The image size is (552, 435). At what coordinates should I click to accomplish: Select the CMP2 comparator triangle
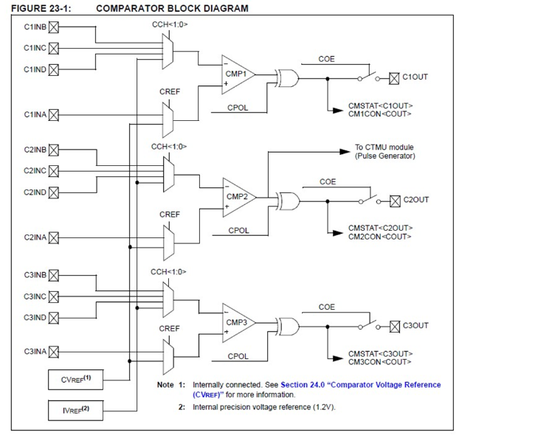238,197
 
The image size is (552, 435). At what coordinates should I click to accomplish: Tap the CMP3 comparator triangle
238,323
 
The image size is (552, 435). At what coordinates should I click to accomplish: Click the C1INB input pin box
53,27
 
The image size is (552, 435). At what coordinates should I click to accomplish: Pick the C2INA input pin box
53,237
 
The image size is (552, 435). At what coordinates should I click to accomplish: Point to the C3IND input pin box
53,318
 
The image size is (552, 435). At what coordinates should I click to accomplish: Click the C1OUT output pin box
394,77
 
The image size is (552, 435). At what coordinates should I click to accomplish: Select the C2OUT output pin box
396,200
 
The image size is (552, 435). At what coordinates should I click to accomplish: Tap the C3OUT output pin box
396,325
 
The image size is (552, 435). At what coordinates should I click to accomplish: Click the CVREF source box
75,380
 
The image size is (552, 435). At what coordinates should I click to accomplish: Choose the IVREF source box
75,408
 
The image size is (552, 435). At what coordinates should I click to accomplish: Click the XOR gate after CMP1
286,77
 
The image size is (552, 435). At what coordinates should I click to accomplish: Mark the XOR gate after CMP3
286,326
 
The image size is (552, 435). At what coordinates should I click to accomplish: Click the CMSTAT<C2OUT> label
380,228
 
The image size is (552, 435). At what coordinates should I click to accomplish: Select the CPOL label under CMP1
238,108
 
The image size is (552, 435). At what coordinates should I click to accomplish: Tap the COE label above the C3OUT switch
327,307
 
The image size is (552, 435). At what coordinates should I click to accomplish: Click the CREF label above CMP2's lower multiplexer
170,215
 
